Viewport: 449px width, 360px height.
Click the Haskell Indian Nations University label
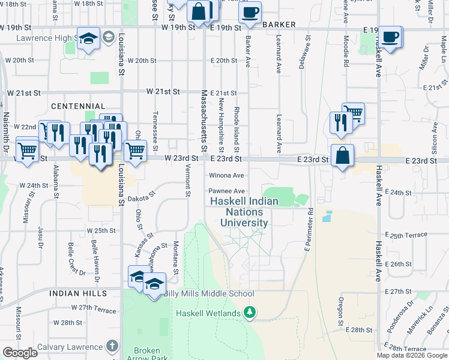244,212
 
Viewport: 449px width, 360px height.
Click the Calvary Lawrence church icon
112,346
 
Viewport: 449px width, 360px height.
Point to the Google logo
20,353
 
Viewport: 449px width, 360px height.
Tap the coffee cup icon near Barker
250,12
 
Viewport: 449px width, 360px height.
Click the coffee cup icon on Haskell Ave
390,37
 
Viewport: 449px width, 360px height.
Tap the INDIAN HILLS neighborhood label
78,293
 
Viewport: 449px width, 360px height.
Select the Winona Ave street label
226,175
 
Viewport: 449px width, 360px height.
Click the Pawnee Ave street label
226,191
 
